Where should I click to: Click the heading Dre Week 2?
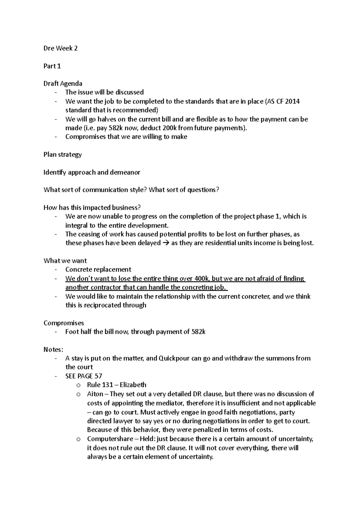tap(61, 48)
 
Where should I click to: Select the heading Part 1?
tap(52, 66)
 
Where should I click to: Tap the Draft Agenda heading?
tap(63, 83)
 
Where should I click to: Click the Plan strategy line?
tap(62, 155)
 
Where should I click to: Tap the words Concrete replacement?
tap(98, 269)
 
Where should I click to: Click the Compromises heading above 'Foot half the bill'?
tap(64, 323)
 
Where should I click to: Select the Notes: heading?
tap(53, 350)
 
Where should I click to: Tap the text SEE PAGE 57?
tap(84, 376)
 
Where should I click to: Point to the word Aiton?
tap(95, 394)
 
